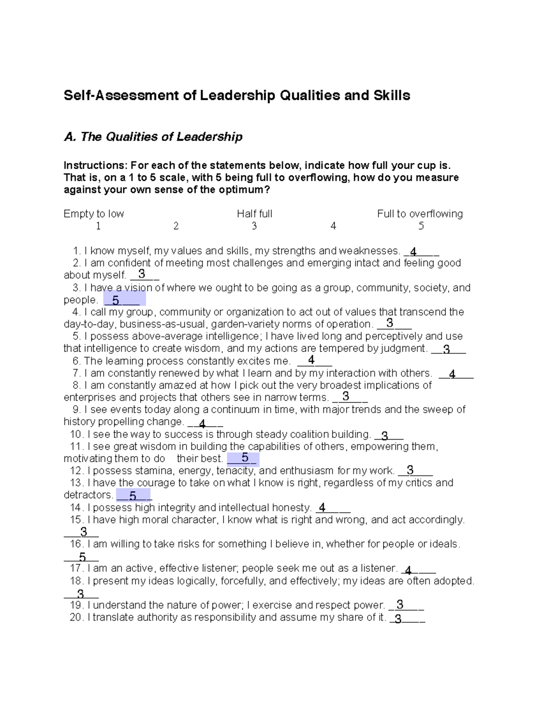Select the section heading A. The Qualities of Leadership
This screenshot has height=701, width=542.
(153, 137)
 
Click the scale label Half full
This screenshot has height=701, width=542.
(254, 214)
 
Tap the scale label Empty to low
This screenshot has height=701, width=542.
(93, 214)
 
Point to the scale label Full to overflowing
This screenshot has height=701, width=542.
(420, 214)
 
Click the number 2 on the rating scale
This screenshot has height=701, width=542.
(176, 226)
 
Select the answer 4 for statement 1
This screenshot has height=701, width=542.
(413, 252)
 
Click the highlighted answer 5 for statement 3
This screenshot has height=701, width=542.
(116, 300)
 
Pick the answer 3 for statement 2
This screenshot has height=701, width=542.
(142, 274)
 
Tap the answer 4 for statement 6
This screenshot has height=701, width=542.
(311, 360)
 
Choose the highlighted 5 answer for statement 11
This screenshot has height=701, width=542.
(245, 458)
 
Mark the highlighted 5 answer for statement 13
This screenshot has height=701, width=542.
(132, 496)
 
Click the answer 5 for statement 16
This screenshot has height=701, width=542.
(82, 557)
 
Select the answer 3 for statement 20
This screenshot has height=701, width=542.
(398, 619)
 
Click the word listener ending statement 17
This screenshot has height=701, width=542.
(380, 568)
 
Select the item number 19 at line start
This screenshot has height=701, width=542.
(77, 605)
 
